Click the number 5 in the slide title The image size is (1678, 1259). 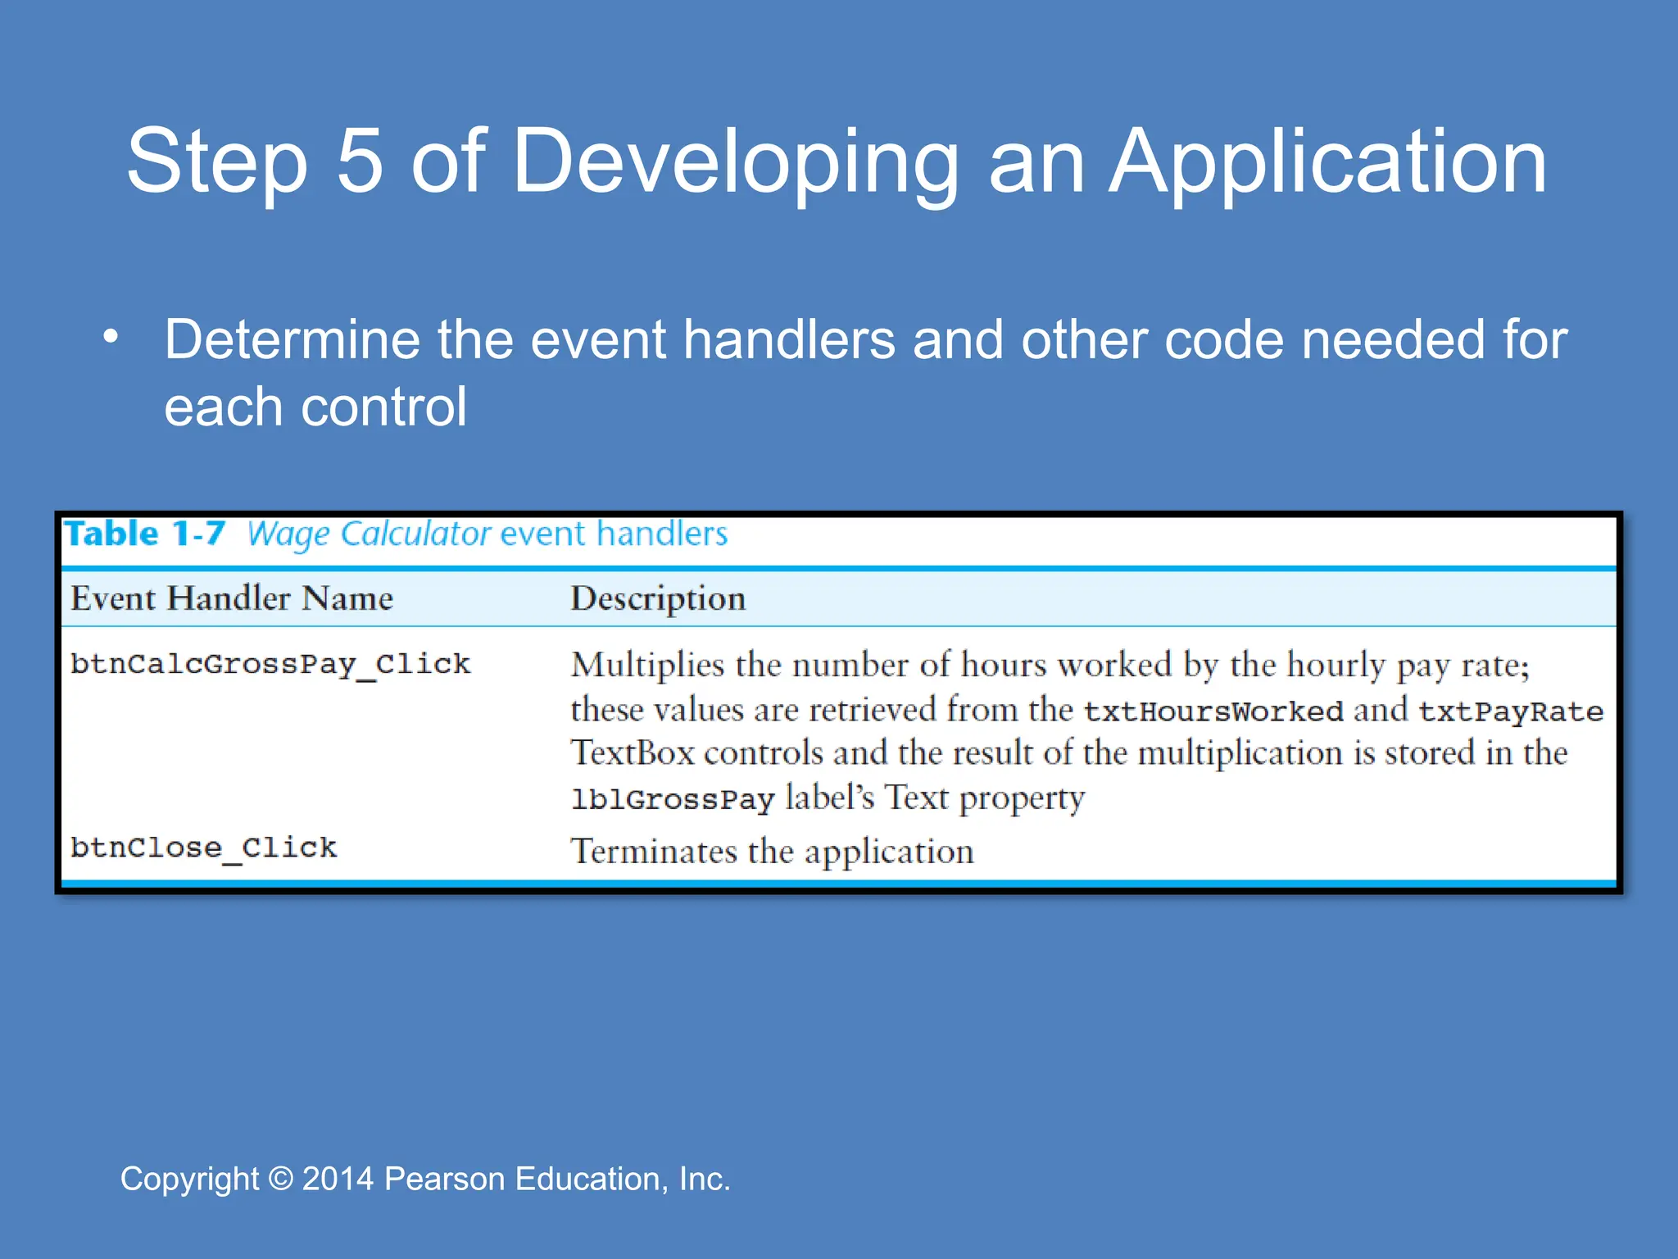pyautogui.click(x=360, y=161)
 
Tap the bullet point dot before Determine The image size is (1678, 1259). pyautogui.click(x=111, y=337)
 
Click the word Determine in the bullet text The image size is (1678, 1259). pyautogui.click(x=293, y=339)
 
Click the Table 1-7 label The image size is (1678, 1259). pyautogui.click(x=144, y=534)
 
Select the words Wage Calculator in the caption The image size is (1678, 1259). pyautogui.click(x=369, y=534)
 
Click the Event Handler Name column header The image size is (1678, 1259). pyautogui.click(x=232, y=598)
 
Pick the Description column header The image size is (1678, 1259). pyautogui.click(x=658, y=598)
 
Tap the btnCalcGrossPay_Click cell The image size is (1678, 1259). pyautogui.click(x=270, y=664)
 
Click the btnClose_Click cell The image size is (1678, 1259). pyautogui.click(x=203, y=848)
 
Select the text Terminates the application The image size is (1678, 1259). pyautogui.click(x=772, y=852)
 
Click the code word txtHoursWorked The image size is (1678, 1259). pyautogui.click(x=1213, y=711)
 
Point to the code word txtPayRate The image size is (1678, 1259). pyautogui.click(x=1510, y=711)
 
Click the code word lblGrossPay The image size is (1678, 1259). pyautogui.click(x=673, y=799)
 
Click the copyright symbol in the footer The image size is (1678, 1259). pyautogui.click(x=281, y=1179)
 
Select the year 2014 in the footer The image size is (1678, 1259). pyautogui.click(x=338, y=1179)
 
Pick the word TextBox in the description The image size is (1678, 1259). pyautogui.click(x=633, y=753)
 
